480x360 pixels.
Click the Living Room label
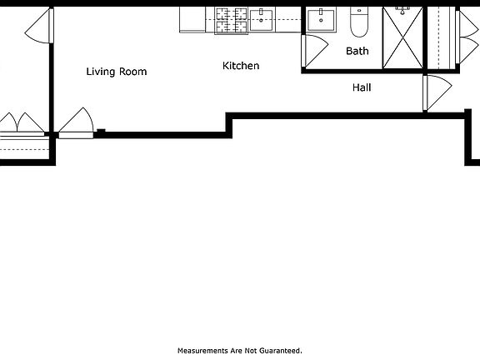(117, 72)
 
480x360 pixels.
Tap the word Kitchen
(241, 66)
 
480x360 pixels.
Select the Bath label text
(357, 51)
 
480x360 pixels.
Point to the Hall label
(362, 87)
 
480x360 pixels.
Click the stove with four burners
(227, 19)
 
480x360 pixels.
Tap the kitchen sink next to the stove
(262, 20)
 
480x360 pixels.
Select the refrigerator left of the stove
(192, 20)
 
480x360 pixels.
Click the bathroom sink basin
(321, 20)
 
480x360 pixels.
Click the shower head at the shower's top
(402, 11)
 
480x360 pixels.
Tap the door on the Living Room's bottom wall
(77, 123)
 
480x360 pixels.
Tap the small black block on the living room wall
(100, 130)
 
